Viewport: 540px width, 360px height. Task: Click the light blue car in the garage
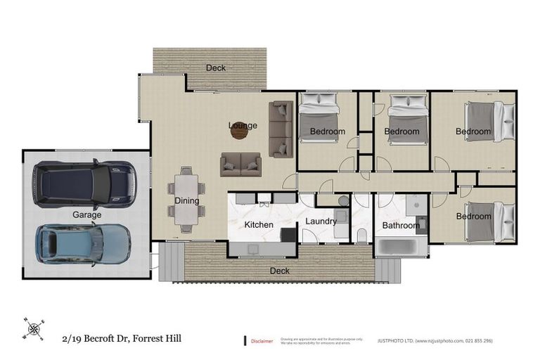click(x=83, y=243)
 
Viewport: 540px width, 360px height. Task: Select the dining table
click(x=186, y=200)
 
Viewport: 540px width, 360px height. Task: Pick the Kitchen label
click(x=258, y=225)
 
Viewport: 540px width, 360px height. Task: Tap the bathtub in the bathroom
click(x=401, y=247)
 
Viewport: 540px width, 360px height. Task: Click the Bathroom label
click(x=401, y=226)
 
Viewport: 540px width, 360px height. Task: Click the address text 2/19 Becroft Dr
click(x=120, y=338)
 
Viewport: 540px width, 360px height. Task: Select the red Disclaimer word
click(x=262, y=341)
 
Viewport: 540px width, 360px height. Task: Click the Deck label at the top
click(x=216, y=68)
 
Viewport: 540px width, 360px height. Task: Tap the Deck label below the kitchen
click(x=279, y=270)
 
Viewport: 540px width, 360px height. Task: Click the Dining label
click(x=187, y=201)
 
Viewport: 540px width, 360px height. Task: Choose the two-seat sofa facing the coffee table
click(x=240, y=165)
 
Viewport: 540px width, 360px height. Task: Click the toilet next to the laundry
click(x=361, y=235)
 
